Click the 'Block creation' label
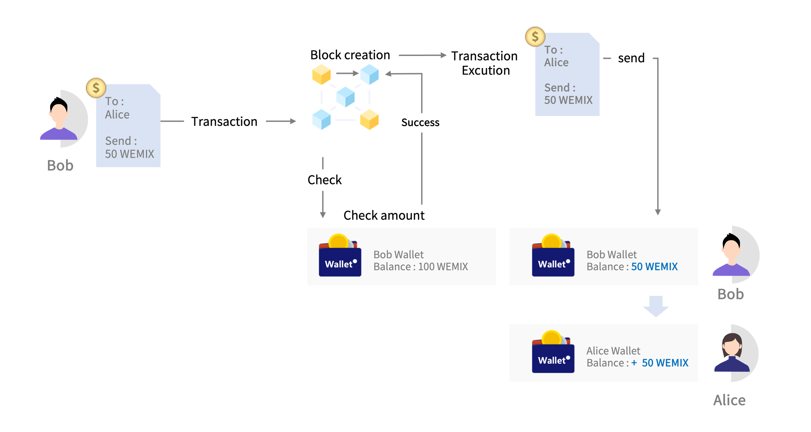click(x=350, y=55)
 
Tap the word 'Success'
click(x=420, y=122)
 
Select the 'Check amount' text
click(x=384, y=215)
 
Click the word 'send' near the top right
click(x=631, y=58)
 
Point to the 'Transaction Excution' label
click(x=485, y=63)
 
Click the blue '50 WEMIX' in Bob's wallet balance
click(x=654, y=267)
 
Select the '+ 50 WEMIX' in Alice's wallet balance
click(x=660, y=363)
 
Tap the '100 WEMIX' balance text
click(x=443, y=267)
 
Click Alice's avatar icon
click(x=732, y=353)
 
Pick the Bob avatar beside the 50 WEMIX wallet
click(x=731, y=255)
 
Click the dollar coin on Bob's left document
click(x=96, y=88)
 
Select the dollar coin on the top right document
click(x=535, y=37)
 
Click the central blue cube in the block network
click(x=345, y=97)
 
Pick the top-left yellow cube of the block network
click(x=321, y=75)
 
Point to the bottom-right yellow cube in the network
click(x=369, y=120)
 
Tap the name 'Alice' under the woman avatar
click(x=729, y=400)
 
